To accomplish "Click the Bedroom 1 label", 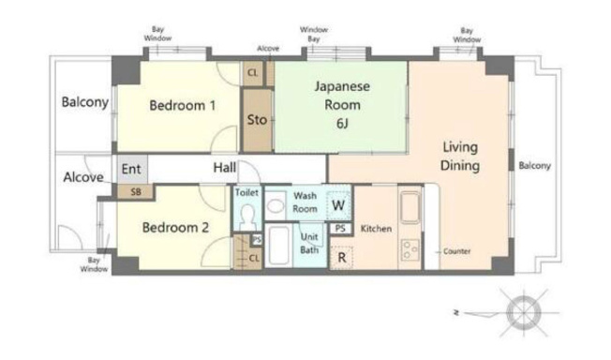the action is point(183,105).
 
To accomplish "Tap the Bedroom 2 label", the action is point(175,228).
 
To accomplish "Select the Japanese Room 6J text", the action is point(342,104).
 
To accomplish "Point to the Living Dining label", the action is point(460,156).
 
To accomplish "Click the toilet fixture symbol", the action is point(246,217).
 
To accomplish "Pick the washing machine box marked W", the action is point(338,204).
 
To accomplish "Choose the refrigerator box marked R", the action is point(342,258).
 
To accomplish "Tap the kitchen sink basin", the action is point(410,206).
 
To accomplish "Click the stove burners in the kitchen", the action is point(410,250).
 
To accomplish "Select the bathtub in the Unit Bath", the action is point(278,245).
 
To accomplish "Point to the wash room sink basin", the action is point(276,205).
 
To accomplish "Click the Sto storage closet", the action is point(257,120).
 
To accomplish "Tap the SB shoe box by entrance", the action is point(135,191).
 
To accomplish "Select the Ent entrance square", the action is point(132,170).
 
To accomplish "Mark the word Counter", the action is point(456,251).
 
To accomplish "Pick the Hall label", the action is point(225,168).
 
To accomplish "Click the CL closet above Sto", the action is point(252,73).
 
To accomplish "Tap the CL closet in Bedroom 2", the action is point(247,251).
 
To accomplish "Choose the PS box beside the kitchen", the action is point(340,228).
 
